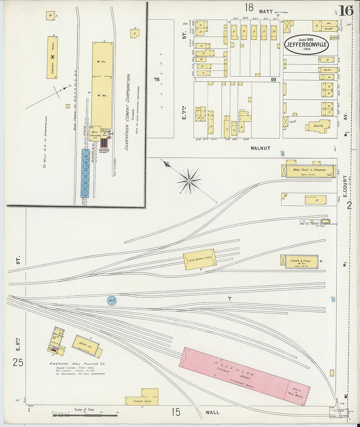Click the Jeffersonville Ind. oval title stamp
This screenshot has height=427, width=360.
click(306, 44)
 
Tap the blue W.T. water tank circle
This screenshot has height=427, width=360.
click(112, 300)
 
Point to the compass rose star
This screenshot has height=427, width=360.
click(189, 181)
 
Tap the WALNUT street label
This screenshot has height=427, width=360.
click(261, 148)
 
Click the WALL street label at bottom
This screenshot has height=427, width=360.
click(212, 412)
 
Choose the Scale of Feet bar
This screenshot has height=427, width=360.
click(85, 415)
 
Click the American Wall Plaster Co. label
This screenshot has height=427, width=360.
click(77, 364)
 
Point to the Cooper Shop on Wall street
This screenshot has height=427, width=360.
click(142, 400)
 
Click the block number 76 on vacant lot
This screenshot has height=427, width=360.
click(157, 80)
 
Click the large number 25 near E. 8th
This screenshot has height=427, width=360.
click(18, 362)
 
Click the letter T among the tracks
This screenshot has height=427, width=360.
click(229, 299)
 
